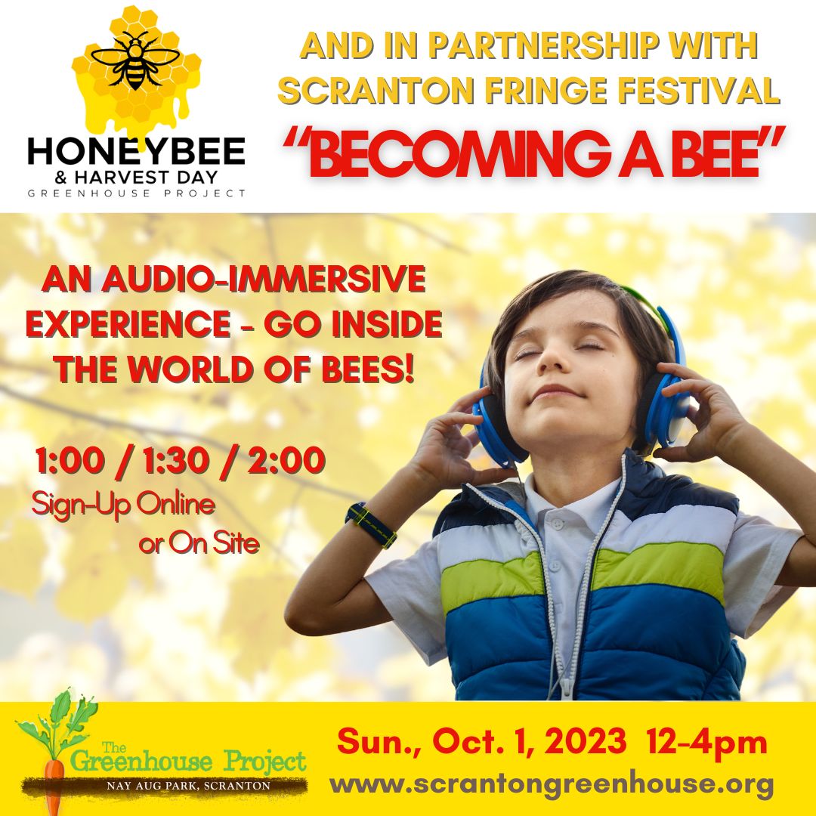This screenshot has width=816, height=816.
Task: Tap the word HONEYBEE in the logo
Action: coord(136,151)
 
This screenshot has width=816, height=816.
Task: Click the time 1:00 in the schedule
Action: coord(70,461)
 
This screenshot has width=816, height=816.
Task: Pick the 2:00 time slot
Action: coord(286,461)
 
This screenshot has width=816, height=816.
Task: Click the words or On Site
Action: coord(199,544)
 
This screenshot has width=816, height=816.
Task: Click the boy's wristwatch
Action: coord(370,524)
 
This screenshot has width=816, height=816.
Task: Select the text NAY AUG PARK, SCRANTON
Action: coord(188,785)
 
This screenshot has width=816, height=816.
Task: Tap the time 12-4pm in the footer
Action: coord(707,742)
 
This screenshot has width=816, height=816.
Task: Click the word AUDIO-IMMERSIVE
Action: coord(264,279)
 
